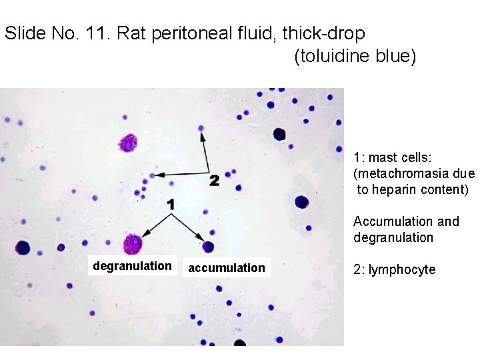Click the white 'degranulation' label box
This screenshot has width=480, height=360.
[x=132, y=266]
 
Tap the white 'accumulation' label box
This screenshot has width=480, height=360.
[x=227, y=268]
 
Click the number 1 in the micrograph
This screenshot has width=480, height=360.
[x=171, y=205]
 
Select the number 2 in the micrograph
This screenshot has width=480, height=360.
[x=214, y=180]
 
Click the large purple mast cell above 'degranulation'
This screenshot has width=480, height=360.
[x=133, y=244]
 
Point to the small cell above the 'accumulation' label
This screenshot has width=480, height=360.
[x=209, y=247]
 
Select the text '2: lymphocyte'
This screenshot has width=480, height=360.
[x=394, y=269]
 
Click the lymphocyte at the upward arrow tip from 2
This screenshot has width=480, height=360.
[x=201, y=128]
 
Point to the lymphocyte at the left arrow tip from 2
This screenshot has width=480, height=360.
[x=153, y=175]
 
